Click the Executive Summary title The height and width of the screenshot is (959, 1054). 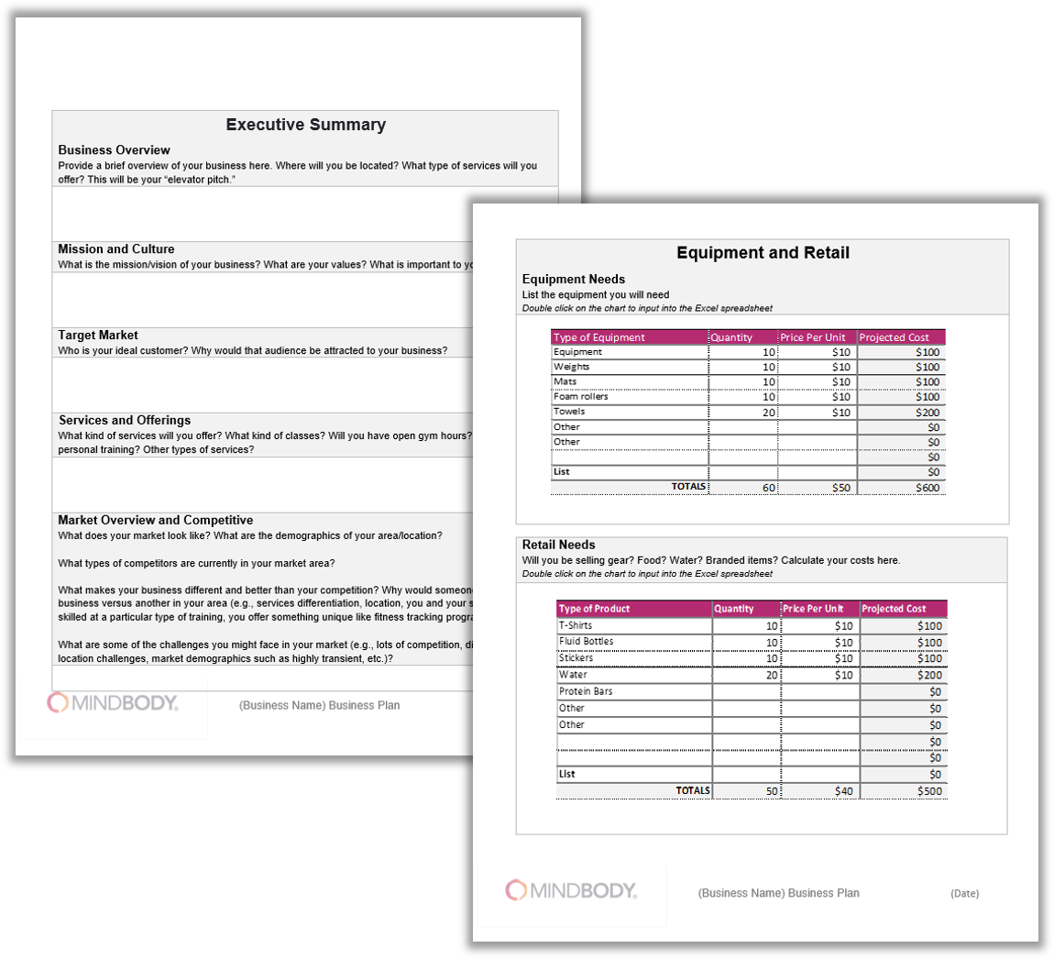pos(305,126)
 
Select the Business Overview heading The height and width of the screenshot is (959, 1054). pos(114,150)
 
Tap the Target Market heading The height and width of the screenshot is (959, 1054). pos(98,336)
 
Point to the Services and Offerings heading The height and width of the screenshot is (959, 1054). pos(125,421)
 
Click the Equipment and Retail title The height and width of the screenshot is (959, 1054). pos(763,253)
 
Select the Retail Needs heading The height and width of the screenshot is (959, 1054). pos(558,545)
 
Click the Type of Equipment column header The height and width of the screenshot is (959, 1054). pos(599,337)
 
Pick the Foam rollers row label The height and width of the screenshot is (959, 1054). pos(581,397)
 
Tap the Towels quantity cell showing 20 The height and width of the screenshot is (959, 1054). pos(769,413)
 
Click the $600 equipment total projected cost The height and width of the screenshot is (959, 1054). pos(928,488)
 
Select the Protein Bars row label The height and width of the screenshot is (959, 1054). pos(586,691)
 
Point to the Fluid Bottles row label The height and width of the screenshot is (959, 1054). pos(587,642)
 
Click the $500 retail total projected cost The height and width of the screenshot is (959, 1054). pos(929,791)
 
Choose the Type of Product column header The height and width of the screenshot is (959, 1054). pos(595,609)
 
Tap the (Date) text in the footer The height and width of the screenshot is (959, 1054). pos(964,893)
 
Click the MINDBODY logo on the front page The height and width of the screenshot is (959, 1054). pos(113,703)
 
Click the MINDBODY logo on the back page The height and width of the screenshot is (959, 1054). pos(571,890)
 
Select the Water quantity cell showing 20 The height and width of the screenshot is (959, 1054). pos(772,676)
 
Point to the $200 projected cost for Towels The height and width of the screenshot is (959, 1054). pos(928,413)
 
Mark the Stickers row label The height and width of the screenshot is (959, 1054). pos(576,658)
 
